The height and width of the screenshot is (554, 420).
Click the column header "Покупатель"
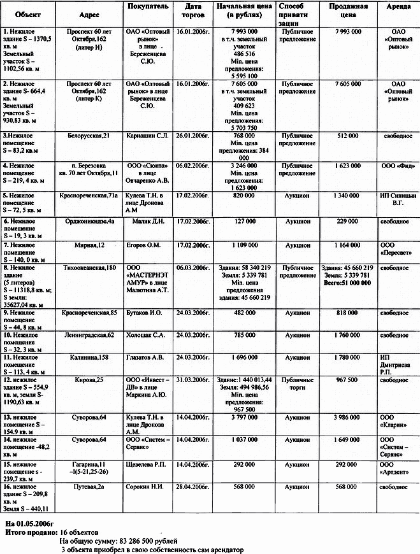(148, 6)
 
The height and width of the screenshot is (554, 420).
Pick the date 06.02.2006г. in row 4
(192, 165)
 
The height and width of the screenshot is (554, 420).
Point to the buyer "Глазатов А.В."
(146, 357)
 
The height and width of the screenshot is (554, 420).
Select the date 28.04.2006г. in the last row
(192, 487)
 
